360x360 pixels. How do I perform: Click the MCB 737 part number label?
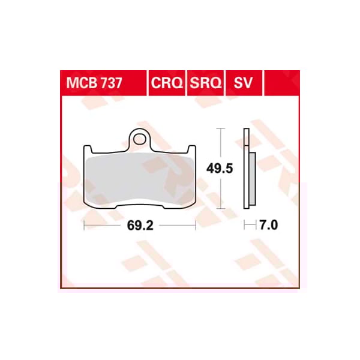coord(92,82)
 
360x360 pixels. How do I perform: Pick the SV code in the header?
coord(242,82)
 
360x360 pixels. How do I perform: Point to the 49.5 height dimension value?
coord(220,169)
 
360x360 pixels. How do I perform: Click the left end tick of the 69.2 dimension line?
coord(85,226)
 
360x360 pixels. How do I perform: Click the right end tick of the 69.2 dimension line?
coord(196,226)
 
